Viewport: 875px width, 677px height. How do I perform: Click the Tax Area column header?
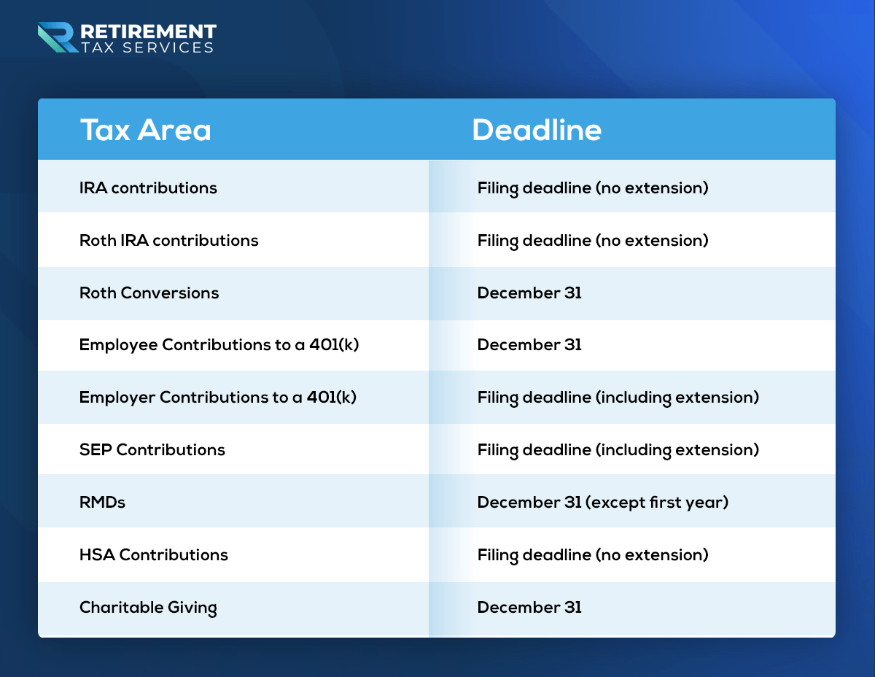tap(145, 130)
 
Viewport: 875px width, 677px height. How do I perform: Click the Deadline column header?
tap(537, 130)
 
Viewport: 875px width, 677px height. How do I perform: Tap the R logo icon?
tap(58, 37)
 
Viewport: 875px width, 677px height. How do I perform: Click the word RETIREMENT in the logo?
tap(148, 31)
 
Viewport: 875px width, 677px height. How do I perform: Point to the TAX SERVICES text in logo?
tap(147, 47)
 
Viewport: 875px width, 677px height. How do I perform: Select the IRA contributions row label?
tap(148, 188)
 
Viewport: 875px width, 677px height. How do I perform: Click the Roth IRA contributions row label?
tap(168, 241)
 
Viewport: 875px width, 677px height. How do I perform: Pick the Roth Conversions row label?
tap(149, 293)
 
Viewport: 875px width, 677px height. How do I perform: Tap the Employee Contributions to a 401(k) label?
tap(219, 345)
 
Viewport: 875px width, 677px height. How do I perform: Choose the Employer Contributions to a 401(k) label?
tap(218, 397)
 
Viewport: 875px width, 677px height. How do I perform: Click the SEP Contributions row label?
tap(152, 449)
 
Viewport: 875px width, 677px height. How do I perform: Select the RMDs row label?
tap(102, 502)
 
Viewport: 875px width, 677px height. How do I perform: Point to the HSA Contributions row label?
tap(154, 554)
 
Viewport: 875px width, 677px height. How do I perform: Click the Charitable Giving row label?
tap(148, 607)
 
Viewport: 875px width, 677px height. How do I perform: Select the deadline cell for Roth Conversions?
tap(529, 293)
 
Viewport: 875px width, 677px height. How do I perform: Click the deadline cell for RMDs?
tap(603, 502)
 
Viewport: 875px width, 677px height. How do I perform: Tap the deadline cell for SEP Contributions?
tap(618, 450)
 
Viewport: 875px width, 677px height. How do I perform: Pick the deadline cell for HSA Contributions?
tap(593, 555)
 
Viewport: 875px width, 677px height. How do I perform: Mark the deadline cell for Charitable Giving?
tap(529, 607)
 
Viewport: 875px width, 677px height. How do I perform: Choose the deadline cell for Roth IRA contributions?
tap(593, 241)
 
